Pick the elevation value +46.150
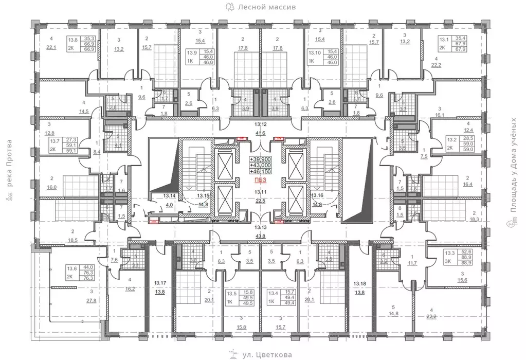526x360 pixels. pos(262,171)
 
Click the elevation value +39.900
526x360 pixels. pos(262,159)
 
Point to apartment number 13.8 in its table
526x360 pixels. pos(73,39)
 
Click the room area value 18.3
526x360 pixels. pos(474,219)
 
